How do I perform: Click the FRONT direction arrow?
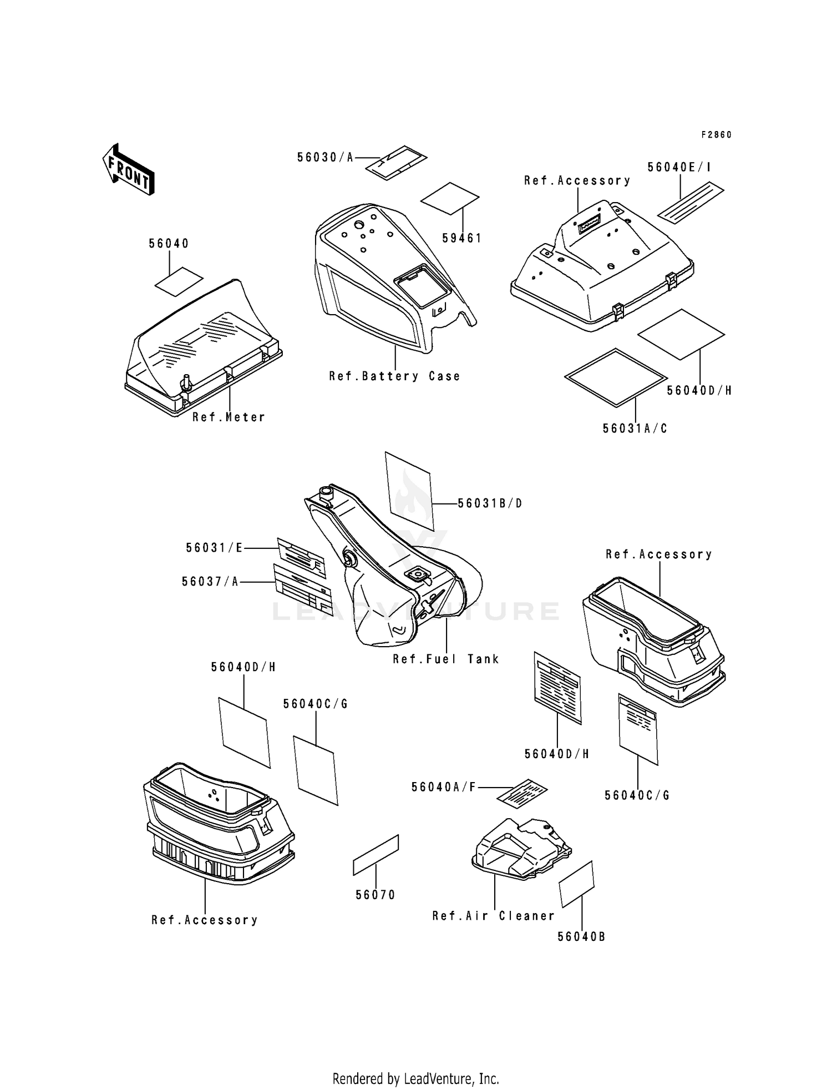pos(128,170)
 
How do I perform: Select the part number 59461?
pos(461,238)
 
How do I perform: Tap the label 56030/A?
pos(325,158)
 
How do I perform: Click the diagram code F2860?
pos(716,135)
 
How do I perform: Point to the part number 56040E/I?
pos(679,168)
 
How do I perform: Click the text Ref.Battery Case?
pos(394,376)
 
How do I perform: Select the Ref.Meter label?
pos(229,417)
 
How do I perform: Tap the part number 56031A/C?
pos(635,428)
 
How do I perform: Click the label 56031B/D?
pos(490,503)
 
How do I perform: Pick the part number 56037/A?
pos(210,582)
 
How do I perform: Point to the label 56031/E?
pos(215,548)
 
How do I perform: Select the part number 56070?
pos(376,895)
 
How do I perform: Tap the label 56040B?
pos(581,936)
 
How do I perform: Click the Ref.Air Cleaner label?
pos(493,916)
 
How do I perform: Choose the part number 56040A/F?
pos(444,787)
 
